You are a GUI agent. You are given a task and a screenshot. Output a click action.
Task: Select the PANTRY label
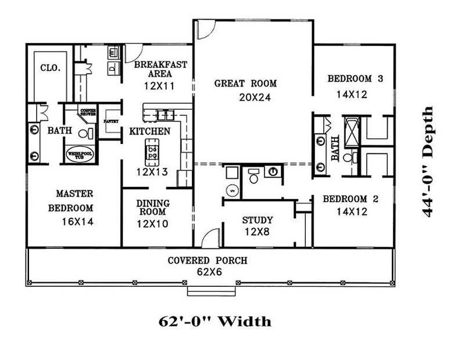coord(110,121)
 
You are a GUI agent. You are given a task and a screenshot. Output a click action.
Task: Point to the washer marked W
coord(113,53)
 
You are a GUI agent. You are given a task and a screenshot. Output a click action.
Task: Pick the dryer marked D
coord(112,67)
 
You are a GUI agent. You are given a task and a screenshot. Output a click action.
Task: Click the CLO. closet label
coord(50,67)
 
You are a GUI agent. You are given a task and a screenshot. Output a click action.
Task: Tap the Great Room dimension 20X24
coord(255,97)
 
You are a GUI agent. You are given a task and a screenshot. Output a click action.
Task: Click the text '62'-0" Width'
coord(214,321)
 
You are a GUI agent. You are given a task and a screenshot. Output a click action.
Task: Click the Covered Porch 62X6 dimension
coord(208,272)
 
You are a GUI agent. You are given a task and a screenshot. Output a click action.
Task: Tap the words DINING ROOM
coord(153,207)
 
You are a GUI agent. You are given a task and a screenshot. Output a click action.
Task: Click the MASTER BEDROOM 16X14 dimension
coord(78,221)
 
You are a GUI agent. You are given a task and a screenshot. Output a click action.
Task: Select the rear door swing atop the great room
coord(205,29)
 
